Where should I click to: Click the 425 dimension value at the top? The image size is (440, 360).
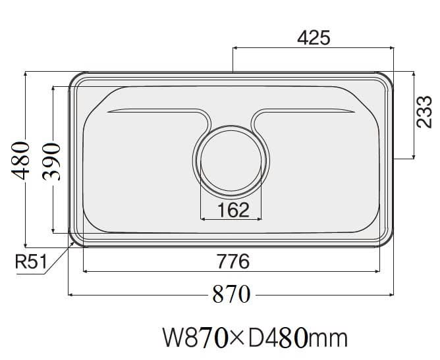313,38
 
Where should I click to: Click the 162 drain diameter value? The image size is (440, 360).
233,210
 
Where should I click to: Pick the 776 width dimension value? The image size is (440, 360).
233,261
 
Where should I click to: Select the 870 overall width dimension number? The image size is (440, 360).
231,294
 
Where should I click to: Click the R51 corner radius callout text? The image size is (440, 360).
30,264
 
